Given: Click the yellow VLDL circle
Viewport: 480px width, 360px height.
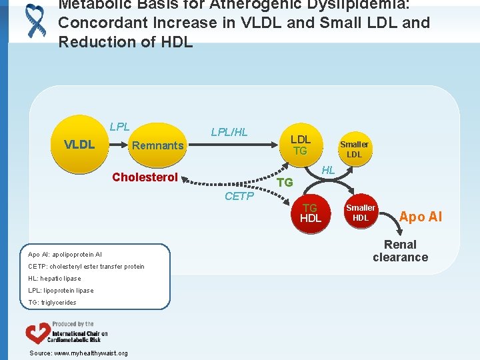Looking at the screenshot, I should coord(79,145).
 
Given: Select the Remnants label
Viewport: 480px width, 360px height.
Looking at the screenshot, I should coord(158,145).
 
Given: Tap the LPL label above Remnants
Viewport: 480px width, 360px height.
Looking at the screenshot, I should coord(119,127).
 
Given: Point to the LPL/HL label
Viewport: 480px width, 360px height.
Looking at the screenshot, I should coord(229,132).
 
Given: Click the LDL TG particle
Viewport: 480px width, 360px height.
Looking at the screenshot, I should coord(301,145).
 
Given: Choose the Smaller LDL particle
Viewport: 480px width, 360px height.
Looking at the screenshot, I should coord(354,149).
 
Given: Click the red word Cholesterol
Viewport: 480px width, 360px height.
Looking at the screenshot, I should coord(145,177).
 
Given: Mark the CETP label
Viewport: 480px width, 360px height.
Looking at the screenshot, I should coord(239,196).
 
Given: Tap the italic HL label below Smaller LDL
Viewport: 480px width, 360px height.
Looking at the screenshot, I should coord(328,171).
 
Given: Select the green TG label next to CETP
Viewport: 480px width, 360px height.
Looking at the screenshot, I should coord(285,182).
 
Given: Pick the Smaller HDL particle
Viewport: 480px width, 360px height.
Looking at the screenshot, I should coord(361,213).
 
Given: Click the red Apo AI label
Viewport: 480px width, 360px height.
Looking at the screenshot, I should coord(420,217).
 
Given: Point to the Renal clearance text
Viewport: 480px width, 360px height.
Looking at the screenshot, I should coord(400,251).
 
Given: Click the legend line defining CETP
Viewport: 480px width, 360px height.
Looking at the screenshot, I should coord(86,267).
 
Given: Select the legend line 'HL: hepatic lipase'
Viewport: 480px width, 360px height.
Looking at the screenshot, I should coord(55,279).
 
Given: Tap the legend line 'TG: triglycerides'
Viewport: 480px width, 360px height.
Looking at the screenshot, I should coord(52,303).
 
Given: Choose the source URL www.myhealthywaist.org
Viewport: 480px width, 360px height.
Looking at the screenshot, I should coord(79,353).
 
